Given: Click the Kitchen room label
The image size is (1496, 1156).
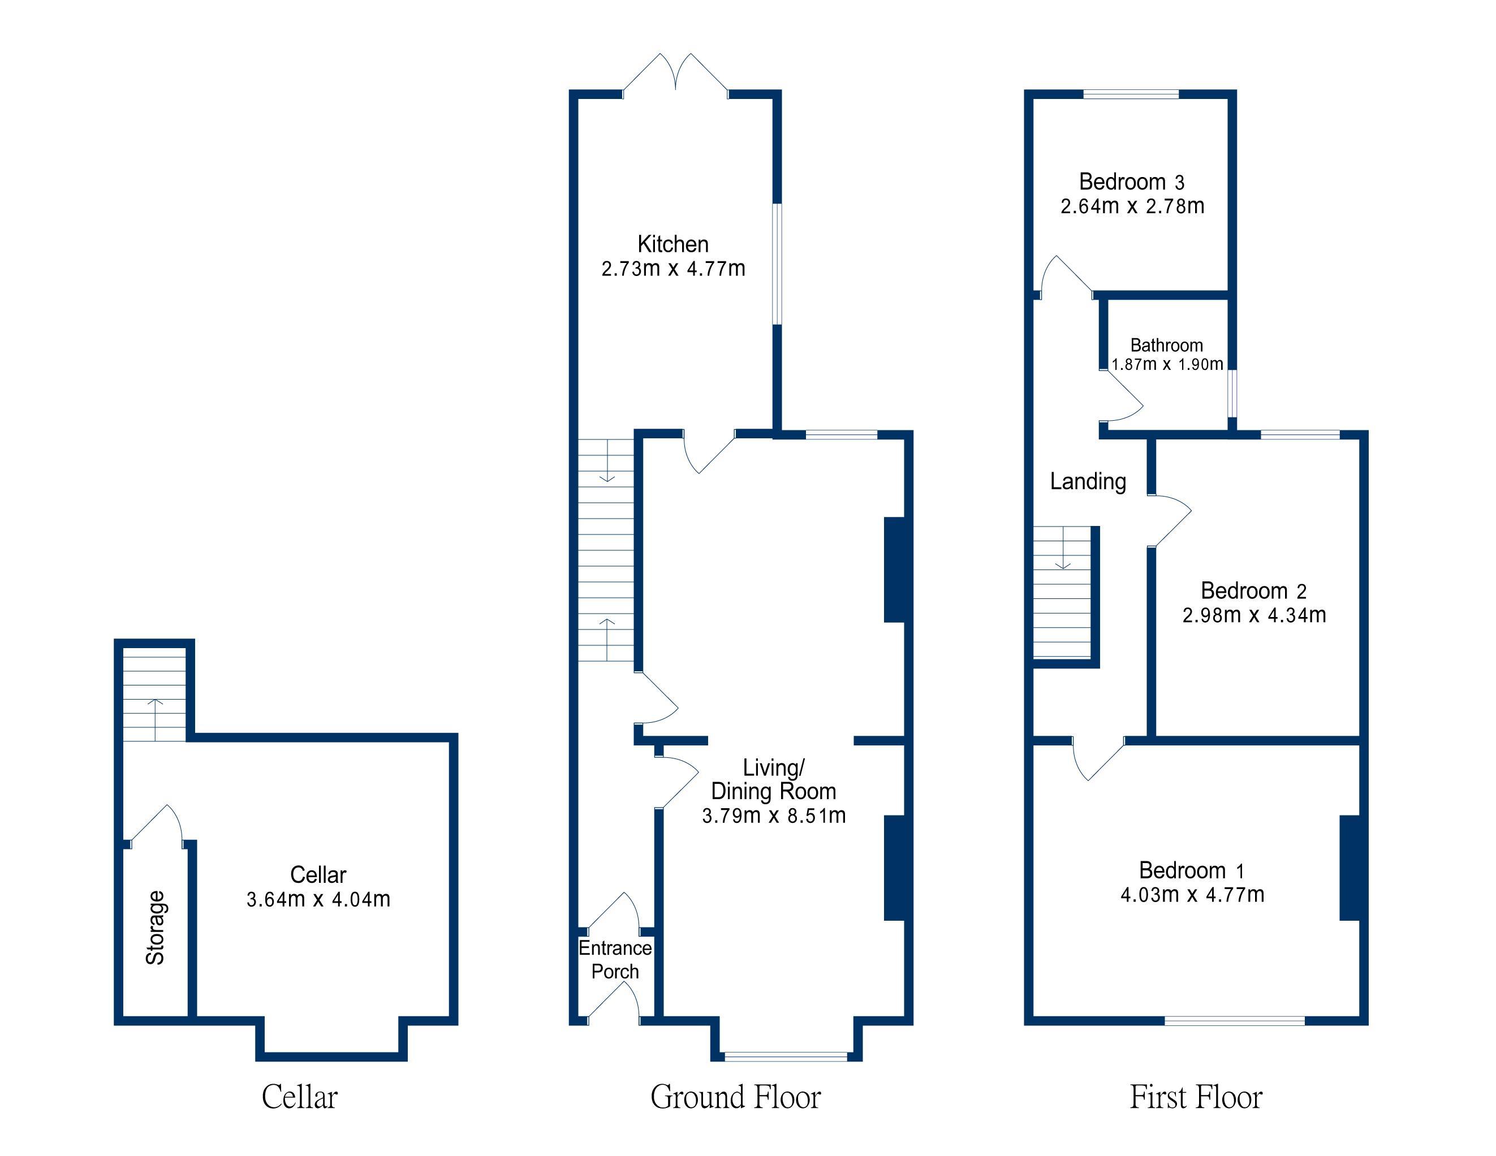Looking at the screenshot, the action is pos(672,244).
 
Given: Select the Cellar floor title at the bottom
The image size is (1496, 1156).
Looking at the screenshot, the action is pos(299,1097).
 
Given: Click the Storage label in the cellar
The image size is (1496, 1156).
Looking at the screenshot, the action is pos(156,928).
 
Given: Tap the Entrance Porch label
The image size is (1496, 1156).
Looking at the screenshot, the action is pos(615,959).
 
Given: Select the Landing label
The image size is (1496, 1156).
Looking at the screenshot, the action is pos(1088,481).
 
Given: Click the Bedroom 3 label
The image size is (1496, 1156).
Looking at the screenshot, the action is pos(1132,182).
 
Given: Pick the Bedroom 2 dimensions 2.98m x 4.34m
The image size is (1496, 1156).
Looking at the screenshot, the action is pos(1254,615).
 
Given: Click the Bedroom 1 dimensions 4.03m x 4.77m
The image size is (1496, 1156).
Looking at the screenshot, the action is pos(1192,894).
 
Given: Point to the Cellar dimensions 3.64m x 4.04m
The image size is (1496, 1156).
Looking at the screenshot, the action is pos(318,899).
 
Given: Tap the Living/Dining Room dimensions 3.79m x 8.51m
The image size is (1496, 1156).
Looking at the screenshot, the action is pos(774,816).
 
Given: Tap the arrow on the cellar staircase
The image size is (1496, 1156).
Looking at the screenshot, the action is pos(156,719).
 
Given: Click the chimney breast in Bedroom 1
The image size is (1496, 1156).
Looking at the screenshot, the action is pos(1350,868).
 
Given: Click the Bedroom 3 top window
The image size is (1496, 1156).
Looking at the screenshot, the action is pos(1131,94).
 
